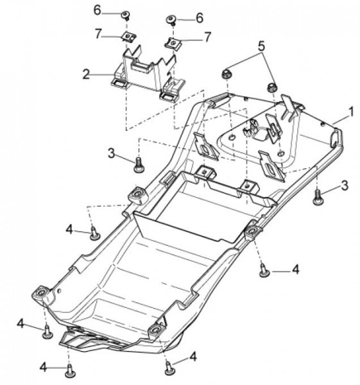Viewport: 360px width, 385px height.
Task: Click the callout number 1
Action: (352, 112)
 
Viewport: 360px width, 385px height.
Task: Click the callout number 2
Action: (86, 74)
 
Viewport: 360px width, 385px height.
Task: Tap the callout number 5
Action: (262, 46)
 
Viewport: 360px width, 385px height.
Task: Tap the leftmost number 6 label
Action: (98, 10)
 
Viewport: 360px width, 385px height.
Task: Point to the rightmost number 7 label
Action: (207, 37)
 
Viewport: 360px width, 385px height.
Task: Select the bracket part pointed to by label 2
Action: (148, 74)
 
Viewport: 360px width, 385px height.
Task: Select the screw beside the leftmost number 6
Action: (126, 16)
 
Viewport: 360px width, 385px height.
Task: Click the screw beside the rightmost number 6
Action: (171, 21)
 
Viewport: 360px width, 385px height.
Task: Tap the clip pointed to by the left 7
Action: (129, 37)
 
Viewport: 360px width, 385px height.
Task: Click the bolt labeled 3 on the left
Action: (139, 165)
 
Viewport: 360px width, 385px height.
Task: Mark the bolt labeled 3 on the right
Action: (318, 196)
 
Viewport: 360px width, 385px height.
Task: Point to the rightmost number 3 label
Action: (345, 185)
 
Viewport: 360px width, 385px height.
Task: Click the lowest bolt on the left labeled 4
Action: (70, 372)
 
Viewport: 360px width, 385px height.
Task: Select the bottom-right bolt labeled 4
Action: (169, 368)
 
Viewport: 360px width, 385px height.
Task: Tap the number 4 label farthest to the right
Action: (296, 269)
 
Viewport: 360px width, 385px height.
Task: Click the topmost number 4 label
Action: (69, 230)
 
